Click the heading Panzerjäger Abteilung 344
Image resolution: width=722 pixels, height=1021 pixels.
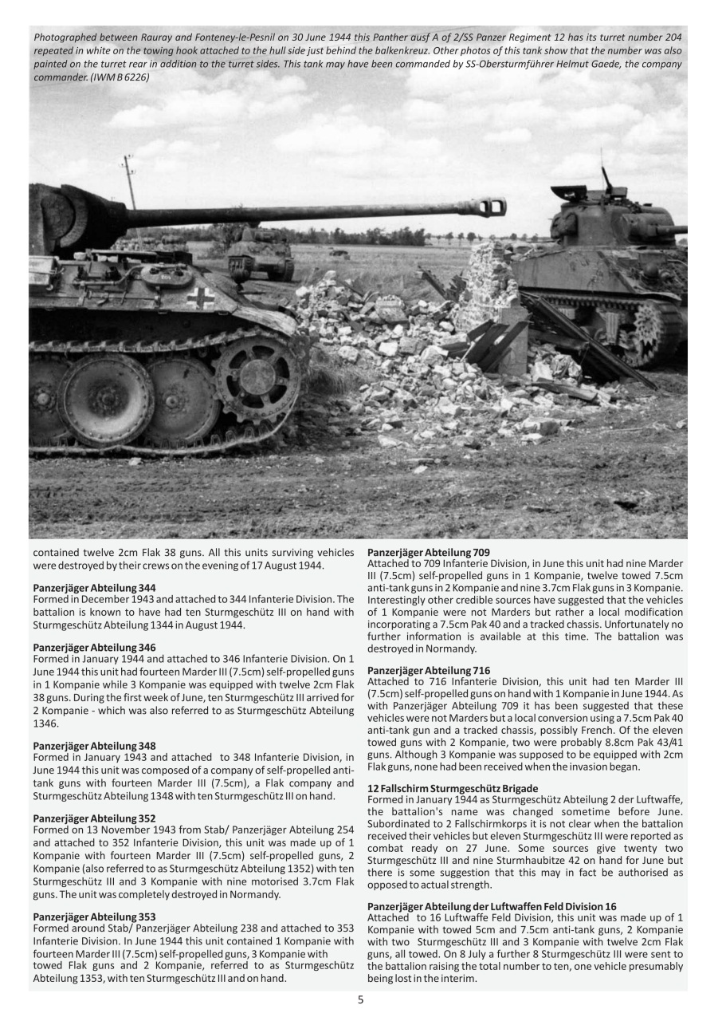(x=83, y=587)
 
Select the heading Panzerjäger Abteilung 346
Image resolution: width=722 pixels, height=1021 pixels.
(x=83, y=647)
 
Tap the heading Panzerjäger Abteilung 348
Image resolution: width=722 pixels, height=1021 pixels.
(x=83, y=745)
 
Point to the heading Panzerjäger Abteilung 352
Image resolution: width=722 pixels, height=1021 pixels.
(x=83, y=818)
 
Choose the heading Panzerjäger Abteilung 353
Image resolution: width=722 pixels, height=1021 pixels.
(x=83, y=917)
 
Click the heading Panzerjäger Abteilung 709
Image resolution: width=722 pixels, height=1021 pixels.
(x=418, y=552)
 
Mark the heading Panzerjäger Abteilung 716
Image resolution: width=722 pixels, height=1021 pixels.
(x=418, y=670)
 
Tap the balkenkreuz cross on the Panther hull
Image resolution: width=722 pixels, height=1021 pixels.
(x=199, y=298)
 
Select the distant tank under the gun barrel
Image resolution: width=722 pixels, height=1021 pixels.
(x=260, y=252)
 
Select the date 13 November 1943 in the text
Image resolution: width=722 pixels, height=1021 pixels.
(x=115, y=830)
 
